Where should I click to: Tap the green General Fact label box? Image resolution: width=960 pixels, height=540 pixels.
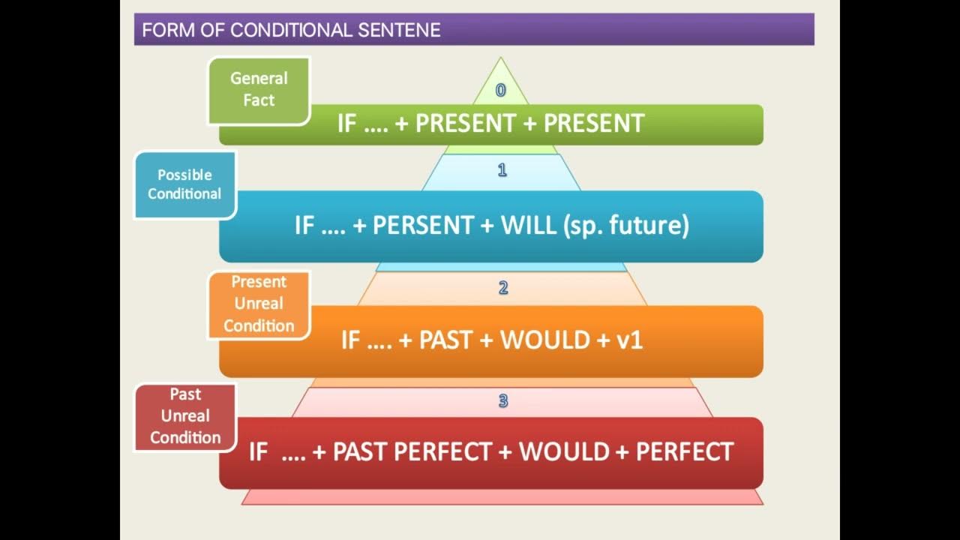pos(259,90)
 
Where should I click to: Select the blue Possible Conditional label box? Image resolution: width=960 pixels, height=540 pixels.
pos(184,184)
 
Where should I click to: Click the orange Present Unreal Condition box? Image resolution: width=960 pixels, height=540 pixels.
pos(259,304)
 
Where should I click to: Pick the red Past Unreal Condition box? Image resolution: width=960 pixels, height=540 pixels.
pos(185,417)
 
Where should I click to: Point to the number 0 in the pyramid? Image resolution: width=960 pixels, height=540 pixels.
pos(501,91)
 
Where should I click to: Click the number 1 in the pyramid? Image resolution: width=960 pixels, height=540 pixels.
pos(502,170)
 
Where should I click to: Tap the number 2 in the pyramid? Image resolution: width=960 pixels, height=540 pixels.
pos(503,287)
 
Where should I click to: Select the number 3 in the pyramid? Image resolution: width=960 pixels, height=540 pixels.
pos(503,401)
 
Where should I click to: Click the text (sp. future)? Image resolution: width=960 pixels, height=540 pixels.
pos(625,226)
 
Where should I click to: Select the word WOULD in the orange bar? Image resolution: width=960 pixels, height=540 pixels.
pos(545,340)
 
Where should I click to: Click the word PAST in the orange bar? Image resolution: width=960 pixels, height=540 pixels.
pos(445,340)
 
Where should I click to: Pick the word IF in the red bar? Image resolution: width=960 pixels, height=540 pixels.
pos(258,451)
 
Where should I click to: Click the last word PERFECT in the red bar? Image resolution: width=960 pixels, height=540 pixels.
pos(684,451)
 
